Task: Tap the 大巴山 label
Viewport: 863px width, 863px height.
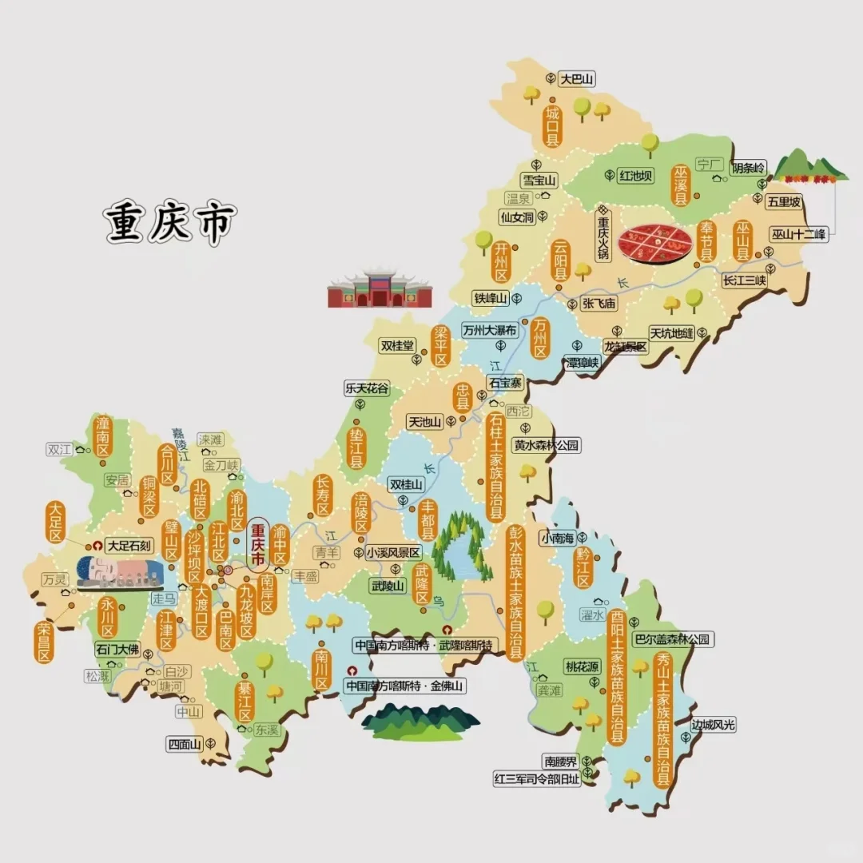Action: coord(577,78)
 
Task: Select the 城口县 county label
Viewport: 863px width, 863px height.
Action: coord(551,126)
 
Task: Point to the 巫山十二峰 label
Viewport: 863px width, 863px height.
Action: coord(800,235)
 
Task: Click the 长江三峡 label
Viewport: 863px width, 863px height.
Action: coord(744,280)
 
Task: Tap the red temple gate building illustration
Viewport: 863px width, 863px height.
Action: coord(380,289)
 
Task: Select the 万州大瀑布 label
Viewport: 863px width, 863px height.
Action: coord(490,330)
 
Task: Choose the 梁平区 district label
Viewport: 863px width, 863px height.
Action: coord(441,346)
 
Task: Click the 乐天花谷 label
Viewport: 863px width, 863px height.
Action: coord(368,388)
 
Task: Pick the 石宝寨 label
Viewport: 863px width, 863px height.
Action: coord(505,383)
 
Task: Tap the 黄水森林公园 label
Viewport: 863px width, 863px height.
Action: coord(547,446)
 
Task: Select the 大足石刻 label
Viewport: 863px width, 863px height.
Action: coord(129,546)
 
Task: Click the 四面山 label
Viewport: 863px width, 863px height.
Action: coord(184,744)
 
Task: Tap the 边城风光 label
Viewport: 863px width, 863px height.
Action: coord(713,725)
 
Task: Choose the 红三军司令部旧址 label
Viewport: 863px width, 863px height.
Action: coord(536,780)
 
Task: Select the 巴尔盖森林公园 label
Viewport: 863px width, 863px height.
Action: coord(671,639)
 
